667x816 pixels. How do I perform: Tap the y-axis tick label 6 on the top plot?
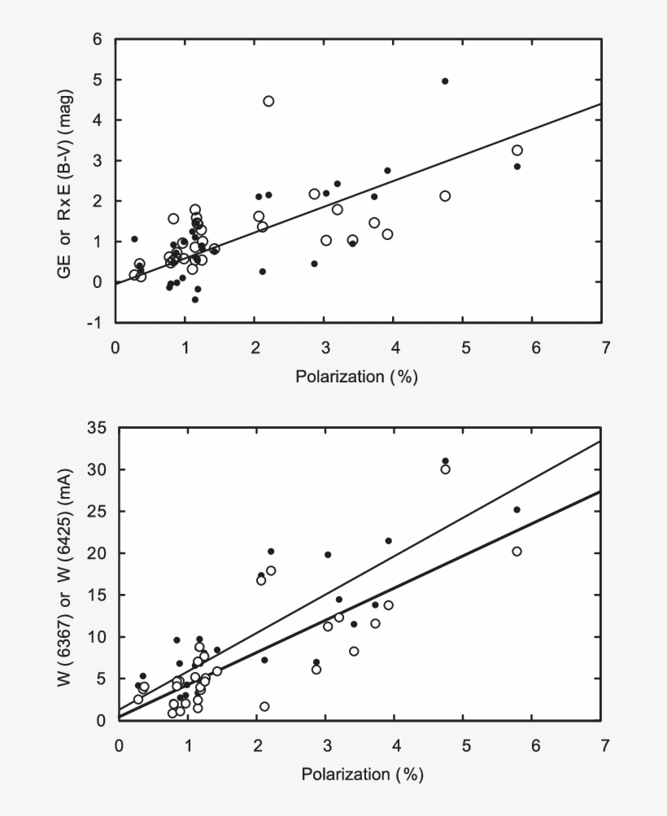click(98, 40)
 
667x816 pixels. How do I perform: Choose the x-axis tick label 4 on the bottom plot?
click(397, 744)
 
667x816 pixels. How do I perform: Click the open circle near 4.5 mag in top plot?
click(268, 101)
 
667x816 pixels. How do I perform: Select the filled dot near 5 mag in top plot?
click(445, 81)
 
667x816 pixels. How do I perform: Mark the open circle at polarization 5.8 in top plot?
click(517, 151)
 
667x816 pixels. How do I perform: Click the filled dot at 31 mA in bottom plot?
click(445, 461)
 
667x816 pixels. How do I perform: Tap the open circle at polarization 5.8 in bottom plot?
click(517, 552)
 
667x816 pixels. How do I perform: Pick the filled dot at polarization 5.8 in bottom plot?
click(517, 509)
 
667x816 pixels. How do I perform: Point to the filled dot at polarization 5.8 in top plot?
click(517, 166)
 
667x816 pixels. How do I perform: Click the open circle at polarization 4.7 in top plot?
click(445, 196)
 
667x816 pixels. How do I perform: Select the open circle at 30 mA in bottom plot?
click(445, 469)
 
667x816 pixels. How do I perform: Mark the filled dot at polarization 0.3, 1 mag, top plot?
click(134, 239)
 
